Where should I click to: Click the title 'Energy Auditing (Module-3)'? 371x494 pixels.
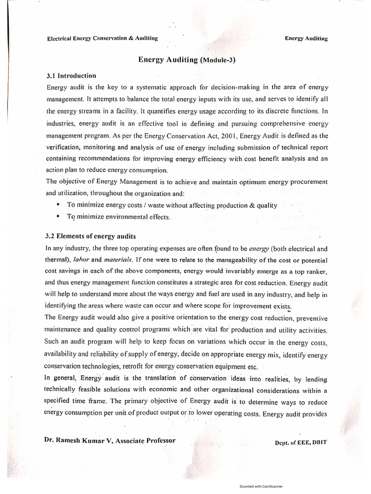[x=186, y=60]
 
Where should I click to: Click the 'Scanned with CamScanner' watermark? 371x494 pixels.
[x=261, y=487]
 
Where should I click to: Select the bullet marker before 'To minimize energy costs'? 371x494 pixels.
[x=58, y=205]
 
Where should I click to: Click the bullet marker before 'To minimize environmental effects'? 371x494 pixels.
[x=58, y=217]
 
